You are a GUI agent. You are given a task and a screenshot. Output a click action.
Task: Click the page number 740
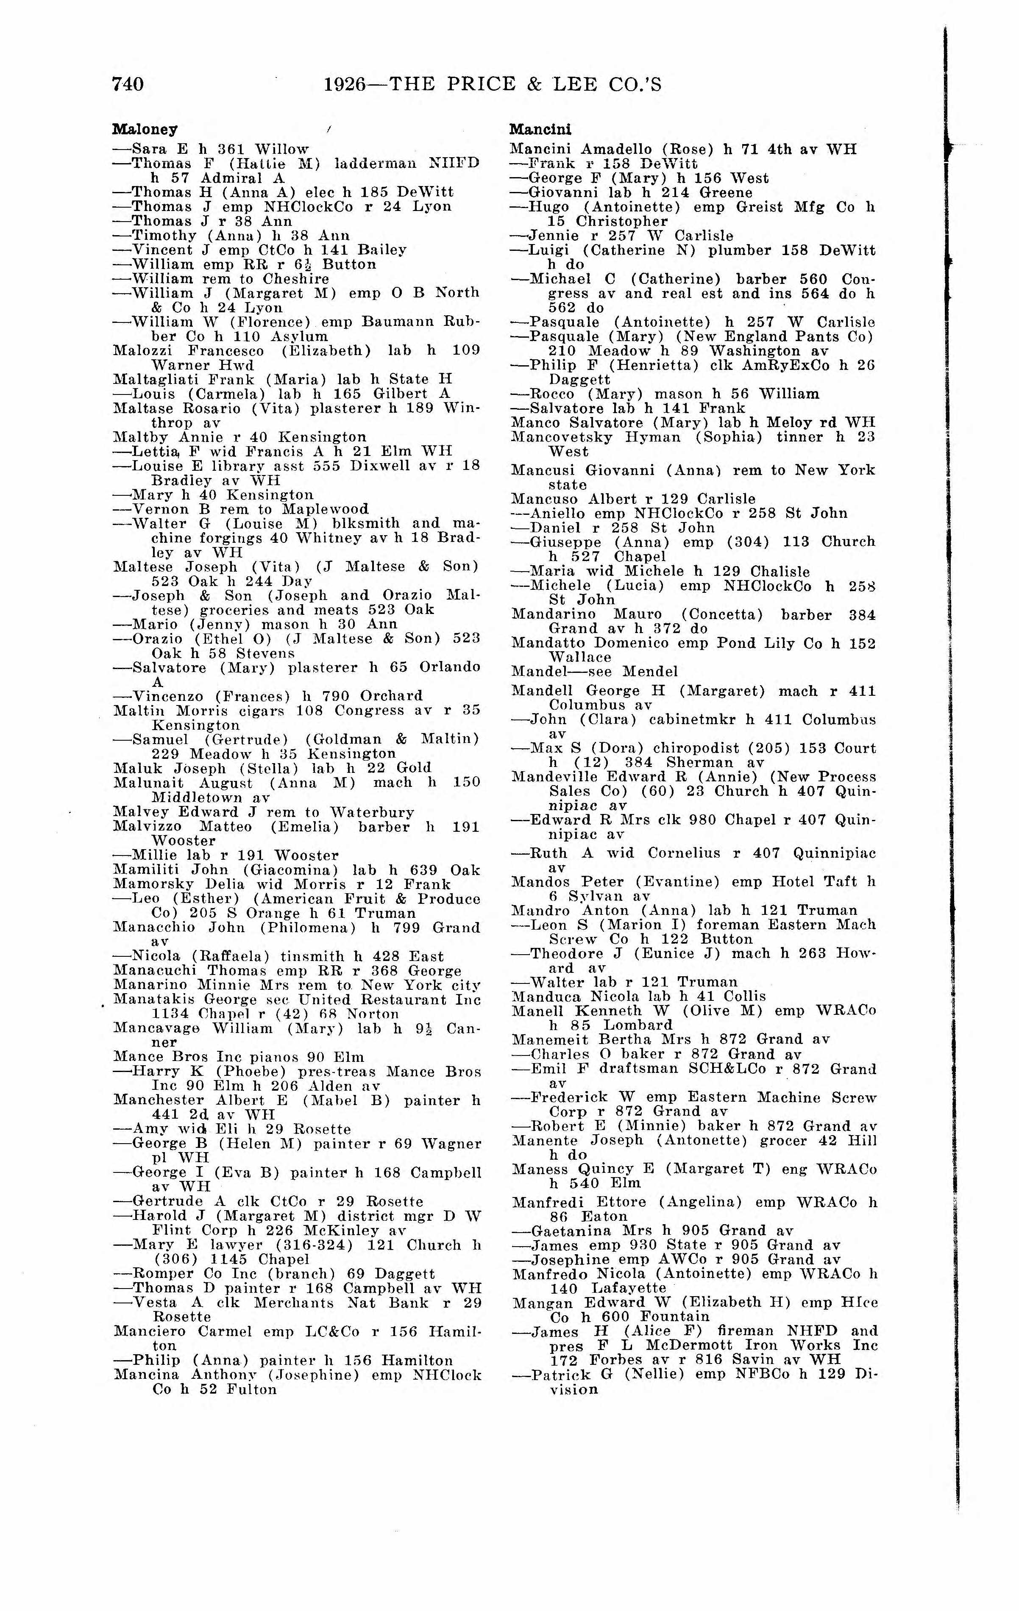click(128, 84)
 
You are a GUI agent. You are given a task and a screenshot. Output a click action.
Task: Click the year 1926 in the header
click(345, 84)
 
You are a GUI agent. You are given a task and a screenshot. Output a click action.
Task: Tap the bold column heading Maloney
click(145, 129)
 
